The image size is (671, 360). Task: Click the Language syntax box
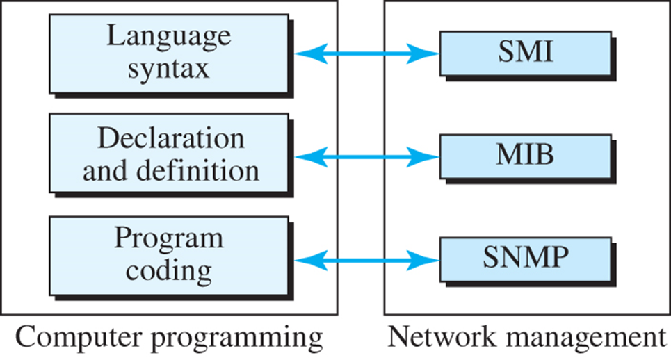[168, 53]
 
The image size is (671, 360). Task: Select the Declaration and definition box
[168, 154]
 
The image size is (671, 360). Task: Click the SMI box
[524, 53]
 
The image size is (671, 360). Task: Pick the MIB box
[524, 155]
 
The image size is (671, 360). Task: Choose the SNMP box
[524, 259]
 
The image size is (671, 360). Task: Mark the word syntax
[168, 70]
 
